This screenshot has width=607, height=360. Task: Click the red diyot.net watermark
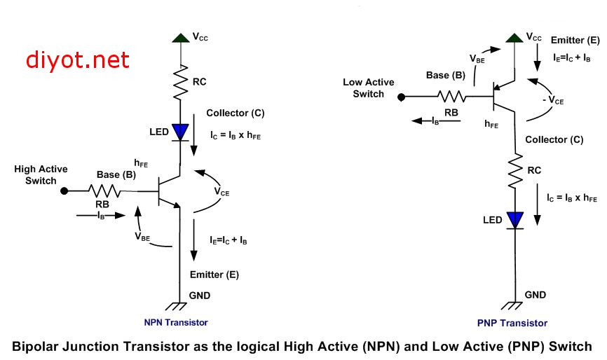[x=77, y=60]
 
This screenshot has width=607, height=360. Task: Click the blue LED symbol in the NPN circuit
[x=180, y=132]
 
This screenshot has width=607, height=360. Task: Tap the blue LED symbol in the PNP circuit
[x=515, y=221]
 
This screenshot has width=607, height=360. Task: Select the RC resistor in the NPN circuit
[x=180, y=82]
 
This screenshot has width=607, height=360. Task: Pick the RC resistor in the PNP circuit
[x=515, y=172]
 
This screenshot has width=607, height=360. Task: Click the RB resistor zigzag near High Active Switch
[x=104, y=191]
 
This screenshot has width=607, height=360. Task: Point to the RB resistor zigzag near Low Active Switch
[x=451, y=96]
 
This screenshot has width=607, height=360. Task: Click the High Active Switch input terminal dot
[x=64, y=191]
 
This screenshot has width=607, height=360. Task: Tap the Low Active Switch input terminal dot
[x=402, y=97]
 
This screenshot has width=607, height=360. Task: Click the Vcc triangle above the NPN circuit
[x=181, y=38]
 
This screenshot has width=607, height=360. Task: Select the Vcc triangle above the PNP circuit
[x=514, y=38]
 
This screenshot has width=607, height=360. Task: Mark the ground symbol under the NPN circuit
[x=177, y=306]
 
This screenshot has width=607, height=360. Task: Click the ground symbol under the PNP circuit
[x=512, y=305]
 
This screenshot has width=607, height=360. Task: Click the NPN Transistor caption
[x=176, y=322]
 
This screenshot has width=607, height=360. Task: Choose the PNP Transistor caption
[x=512, y=324]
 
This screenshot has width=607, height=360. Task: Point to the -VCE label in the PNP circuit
[x=553, y=101]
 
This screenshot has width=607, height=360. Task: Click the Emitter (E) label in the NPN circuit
[x=214, y=275]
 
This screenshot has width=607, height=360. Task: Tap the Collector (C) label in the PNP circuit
[x=554, y=139]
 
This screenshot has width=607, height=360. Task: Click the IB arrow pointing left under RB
[x=436, y=121]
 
